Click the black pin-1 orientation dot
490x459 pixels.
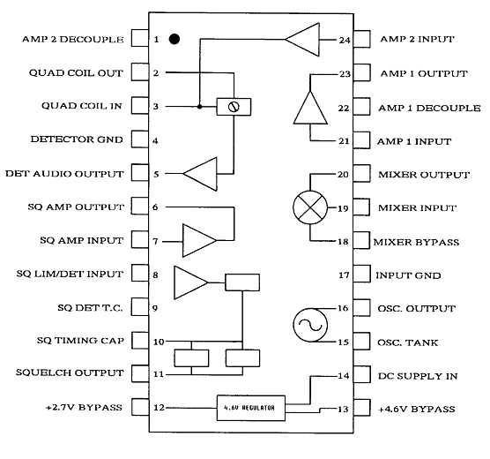point(174,39)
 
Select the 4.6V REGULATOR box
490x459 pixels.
point(251,408)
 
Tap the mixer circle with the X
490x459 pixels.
point(310,207)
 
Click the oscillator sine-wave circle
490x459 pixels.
point(310,325)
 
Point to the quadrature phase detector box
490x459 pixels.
point(234,107)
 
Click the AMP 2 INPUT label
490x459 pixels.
point(417,39)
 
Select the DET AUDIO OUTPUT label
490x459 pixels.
point(64,174)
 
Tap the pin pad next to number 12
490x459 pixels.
point(140,407)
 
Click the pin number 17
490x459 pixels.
point(344,275)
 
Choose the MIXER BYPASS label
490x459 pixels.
point(416,242)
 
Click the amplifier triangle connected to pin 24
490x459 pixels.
point(302,40)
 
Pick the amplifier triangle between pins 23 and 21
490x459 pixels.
point(310,108)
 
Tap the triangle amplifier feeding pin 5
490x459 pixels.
point(200,174)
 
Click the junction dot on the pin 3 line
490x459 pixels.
point(200,107)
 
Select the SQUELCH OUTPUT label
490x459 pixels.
point(70,372)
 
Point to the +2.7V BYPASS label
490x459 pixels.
point(84,407)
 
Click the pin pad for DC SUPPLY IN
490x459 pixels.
point(362,375)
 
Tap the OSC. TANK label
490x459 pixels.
point(407,342)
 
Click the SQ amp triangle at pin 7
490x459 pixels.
point(200,240)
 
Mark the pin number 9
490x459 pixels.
point(155,308)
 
